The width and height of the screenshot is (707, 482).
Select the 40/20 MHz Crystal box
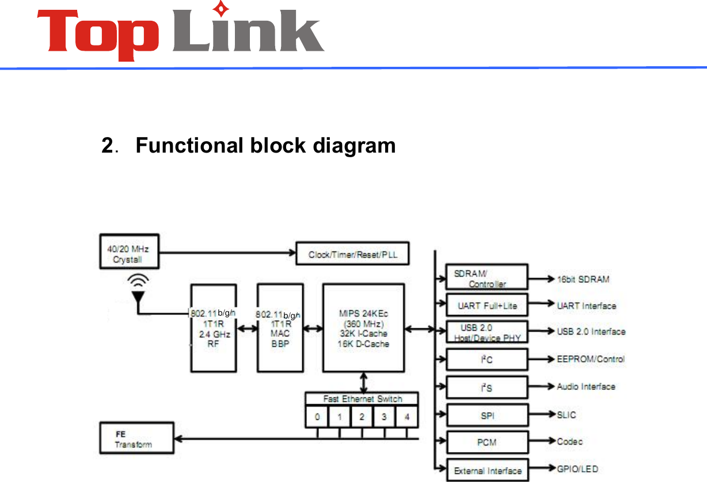click(x=127, y=253)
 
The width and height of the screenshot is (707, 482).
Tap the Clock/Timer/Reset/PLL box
click(x=352, y=254)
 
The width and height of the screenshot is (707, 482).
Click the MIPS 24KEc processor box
click(x=363, y=328)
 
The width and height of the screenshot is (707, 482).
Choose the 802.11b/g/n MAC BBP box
click(x=280, y=328)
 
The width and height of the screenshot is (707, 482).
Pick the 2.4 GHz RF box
click(x=214, y=328)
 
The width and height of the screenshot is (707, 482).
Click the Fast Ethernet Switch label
click(x=362, y=398)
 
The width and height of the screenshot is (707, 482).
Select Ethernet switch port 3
click(x=384, y=416)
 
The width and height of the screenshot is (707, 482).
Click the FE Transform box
click(x=136, y=438)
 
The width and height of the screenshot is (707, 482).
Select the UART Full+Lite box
click(x=487, y=305)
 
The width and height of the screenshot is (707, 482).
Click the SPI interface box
click(x=487, y=415)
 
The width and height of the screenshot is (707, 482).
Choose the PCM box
click(x=487, y=442)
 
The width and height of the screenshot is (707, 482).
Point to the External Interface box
click(x=487, y=470)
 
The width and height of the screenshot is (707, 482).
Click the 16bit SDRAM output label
click(x=583, y=279)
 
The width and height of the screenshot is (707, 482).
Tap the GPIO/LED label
click(x=577, y=469)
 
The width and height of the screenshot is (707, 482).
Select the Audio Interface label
click(x=586, y=386)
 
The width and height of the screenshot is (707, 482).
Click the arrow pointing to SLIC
click(x=541, y=415)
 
